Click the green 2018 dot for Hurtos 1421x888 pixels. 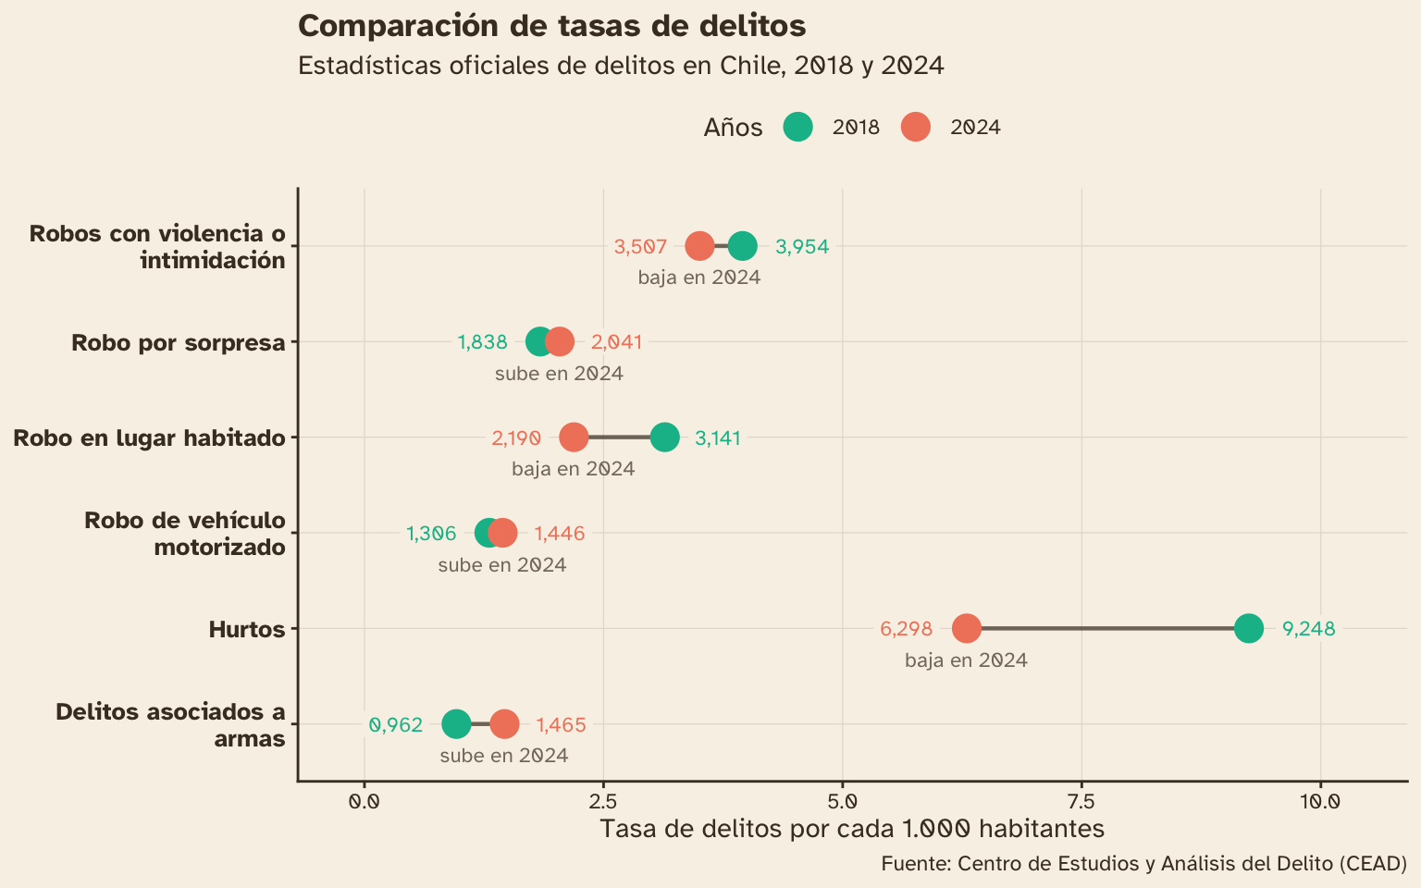(1249, 628)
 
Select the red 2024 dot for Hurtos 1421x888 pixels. (966, 628)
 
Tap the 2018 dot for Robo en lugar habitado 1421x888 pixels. (664, 438)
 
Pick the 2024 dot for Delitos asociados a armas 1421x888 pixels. (504, 724)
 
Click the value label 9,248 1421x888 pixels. (1308, 629)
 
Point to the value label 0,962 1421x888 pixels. (396, 725)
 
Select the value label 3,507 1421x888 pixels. (640, 247)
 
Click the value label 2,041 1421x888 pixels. (616, 342)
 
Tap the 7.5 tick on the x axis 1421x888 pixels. (1081, 799)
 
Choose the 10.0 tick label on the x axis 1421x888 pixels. (1320, 799)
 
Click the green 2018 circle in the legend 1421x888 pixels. (797, 127)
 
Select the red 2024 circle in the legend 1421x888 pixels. (915, 127)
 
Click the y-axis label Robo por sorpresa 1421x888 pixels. (178, 343)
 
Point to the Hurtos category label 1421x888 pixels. (246, 630)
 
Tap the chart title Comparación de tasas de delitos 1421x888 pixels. (551, 26)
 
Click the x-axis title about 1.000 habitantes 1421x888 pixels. (851, 828)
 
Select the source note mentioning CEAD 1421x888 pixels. (1143, 864)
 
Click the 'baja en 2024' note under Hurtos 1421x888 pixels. (966, 660)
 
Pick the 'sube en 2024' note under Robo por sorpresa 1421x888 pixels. (559, 374)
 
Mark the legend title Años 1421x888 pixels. (733, 128)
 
